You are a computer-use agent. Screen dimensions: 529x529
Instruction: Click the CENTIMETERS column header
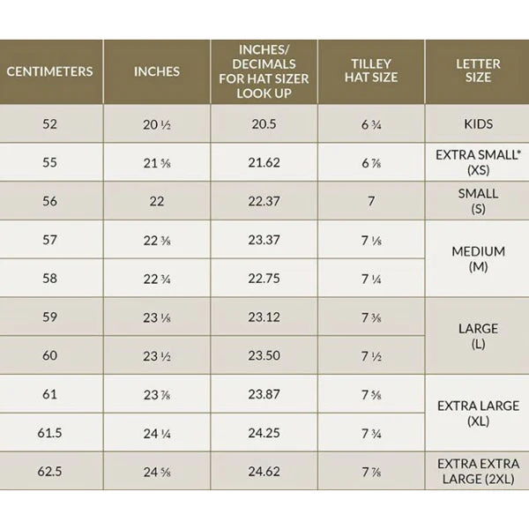49,71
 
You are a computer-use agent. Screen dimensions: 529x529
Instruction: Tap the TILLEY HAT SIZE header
371,71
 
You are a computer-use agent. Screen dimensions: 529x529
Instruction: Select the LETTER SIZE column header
478,71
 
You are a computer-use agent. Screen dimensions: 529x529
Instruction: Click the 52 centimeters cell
49,124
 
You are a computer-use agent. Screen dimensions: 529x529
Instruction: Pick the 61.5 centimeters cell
49,433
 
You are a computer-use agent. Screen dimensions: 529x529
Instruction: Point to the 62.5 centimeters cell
49,472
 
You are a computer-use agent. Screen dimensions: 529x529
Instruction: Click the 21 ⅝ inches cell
157,163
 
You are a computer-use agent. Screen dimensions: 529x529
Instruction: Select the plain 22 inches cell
157,201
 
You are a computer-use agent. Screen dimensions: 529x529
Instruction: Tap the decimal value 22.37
264,201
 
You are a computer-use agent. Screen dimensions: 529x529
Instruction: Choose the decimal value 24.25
264,433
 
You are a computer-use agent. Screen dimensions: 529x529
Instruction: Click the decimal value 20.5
264,124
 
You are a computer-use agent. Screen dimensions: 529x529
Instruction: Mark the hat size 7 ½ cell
371,356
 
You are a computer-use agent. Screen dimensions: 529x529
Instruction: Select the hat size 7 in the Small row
371,201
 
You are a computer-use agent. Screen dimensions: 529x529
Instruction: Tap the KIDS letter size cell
478,124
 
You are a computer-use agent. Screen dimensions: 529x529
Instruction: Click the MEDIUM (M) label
478,259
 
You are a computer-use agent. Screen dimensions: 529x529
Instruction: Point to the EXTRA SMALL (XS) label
478,162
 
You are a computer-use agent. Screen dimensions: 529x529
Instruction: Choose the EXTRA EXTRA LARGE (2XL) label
478,472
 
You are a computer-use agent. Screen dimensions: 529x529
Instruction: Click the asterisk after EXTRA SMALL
519,152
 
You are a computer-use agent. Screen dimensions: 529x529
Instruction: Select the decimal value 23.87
264,394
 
